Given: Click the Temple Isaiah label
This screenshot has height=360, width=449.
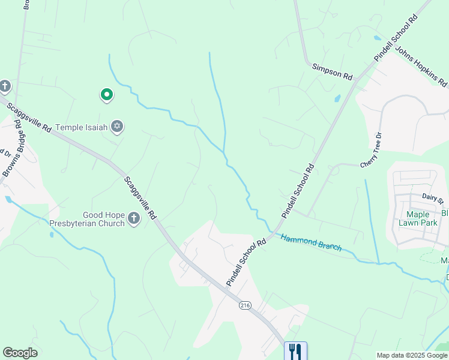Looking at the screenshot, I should click(82, 127).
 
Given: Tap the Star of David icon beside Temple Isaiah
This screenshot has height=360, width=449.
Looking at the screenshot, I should click(118, 127).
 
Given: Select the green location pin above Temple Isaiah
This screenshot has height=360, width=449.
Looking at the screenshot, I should click(107, 94).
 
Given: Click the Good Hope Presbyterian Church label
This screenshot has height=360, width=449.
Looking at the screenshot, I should click(104, 219).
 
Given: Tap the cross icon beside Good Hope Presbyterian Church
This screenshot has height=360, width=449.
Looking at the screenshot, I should click(133, 219).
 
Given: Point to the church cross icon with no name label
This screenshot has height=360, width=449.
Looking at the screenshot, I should click(5, 86).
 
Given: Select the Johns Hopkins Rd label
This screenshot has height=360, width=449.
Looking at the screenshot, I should click(421, 66).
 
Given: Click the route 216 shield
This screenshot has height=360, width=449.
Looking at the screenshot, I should click(245, 305).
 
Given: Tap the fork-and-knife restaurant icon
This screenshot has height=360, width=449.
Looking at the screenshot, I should click(295, 351).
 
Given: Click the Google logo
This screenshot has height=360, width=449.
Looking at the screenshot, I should click(20, 353).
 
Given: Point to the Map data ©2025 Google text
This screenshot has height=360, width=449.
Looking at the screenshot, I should click(412, 355).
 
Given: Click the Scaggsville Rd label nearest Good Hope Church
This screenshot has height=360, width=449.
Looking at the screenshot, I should click(140, 197).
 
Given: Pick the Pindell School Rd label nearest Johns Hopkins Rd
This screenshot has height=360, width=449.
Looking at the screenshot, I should click(396, 38).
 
